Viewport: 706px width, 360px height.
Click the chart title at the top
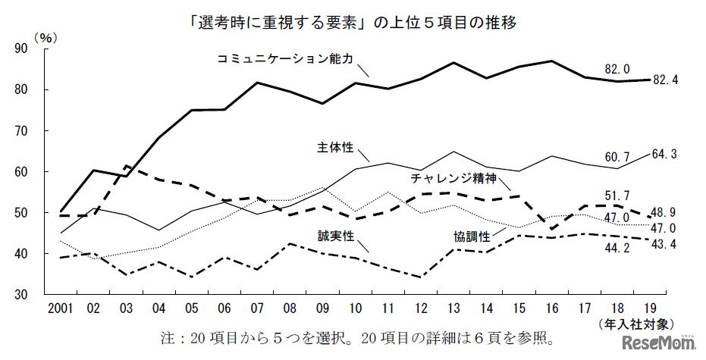[x=353, y=22]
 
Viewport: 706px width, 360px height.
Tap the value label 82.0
[x=618, y=69]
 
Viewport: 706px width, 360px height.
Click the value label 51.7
[x=618, y=195]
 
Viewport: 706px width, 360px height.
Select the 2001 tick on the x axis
[x=61, y=309]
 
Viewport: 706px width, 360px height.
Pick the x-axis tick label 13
[x=453, y=309]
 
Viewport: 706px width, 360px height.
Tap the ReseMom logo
[x=658, y=345]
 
